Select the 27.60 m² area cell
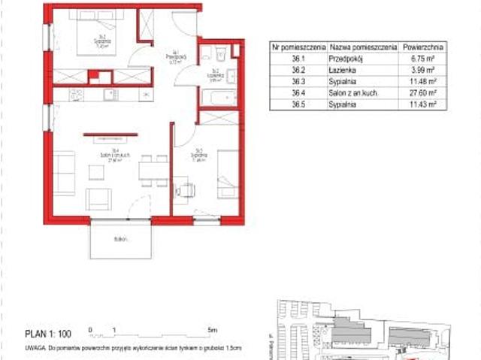click(422, 94)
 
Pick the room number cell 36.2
click(298, 70)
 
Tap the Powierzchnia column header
click(422, 46)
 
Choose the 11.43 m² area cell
click(422, 106)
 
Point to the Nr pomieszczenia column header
click(298, 46)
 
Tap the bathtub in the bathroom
click(219, 98)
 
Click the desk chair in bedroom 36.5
click(183, 191)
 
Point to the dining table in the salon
click(153, 169)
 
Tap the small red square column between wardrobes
click(95, 76)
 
